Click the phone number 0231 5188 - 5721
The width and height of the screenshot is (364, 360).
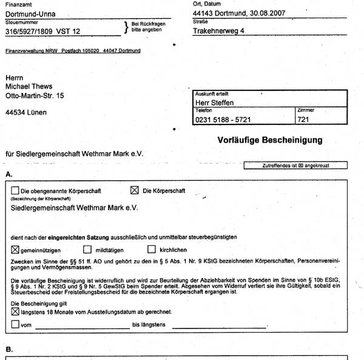[x=226, y=120]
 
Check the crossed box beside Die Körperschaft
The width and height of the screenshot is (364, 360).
[x=135, y=190]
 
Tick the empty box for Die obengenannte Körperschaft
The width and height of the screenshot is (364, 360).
[x=15, y=191]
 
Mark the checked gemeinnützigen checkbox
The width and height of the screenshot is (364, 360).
[x=15, y=249]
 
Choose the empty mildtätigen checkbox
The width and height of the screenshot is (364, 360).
[x=87, y=249]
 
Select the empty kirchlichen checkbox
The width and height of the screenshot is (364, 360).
[x=152, y=249]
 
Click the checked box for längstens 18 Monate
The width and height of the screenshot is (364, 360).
[x=15, y=311]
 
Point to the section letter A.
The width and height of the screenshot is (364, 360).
[x=8, y=174]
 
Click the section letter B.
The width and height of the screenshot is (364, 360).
[x=8, y=350]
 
